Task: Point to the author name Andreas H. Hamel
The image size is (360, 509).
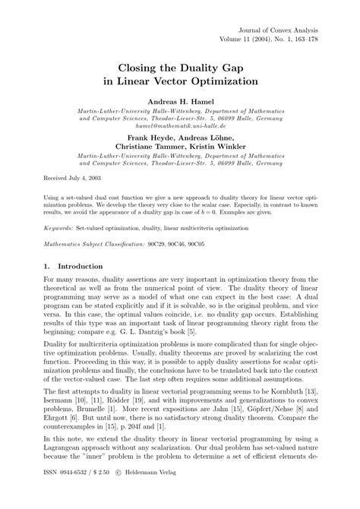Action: click(x=179, y=101)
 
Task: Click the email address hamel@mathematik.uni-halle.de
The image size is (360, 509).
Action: click(x=180, y=127)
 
